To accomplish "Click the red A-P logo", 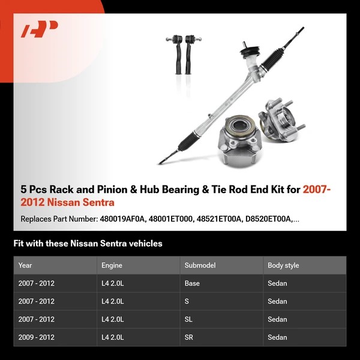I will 39,29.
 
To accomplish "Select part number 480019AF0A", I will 122,219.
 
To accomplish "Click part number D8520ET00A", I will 266,219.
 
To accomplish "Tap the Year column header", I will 25,265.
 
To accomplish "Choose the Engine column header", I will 112,265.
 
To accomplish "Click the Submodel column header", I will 200,265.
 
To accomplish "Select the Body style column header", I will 283,265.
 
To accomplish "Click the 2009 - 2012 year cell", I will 36,337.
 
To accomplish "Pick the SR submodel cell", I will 189,337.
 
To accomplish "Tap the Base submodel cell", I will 192,283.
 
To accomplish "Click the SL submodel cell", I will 188,319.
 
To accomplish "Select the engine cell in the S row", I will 113,301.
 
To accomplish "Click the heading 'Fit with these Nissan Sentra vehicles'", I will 88,244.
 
